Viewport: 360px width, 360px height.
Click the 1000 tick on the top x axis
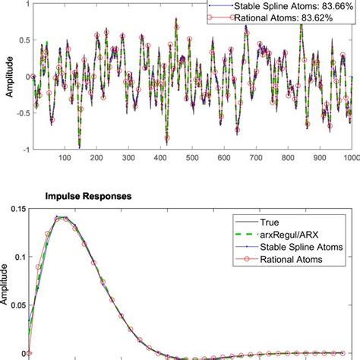349,157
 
